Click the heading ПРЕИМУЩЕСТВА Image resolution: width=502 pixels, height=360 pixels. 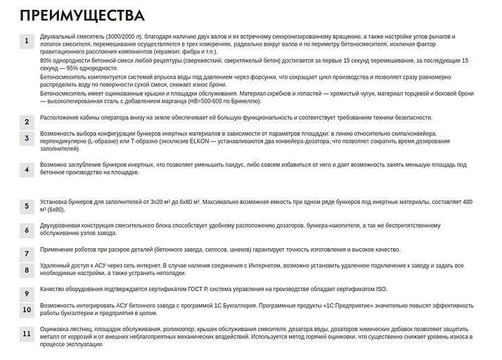[83, 15]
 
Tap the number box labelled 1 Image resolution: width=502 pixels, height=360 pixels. [27, 41]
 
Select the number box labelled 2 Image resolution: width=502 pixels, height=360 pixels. [27, 122]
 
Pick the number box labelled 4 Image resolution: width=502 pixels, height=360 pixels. [27, 169]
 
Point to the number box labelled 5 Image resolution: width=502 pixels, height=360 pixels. [27, 206]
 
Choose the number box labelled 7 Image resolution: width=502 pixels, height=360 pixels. [27, 253]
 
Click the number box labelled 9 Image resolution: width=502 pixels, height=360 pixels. [27, 293]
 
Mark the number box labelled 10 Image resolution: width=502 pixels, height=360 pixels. [27, 309]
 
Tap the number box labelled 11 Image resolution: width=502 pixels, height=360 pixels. [27, 334]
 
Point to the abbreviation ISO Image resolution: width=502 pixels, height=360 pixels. [380, 289]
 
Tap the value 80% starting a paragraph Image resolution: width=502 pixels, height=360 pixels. [47, 60]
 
